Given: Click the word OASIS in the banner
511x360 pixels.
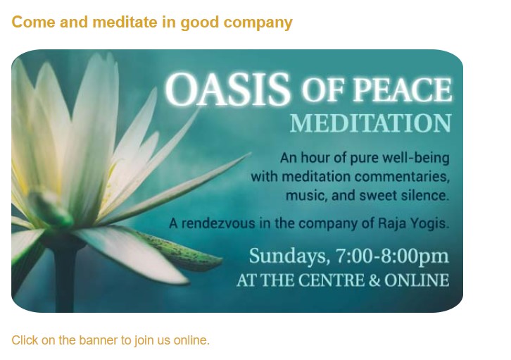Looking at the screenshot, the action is click(227, 89).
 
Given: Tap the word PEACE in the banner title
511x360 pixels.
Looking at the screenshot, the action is click(402, 89).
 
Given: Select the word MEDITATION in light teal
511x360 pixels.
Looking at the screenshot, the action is click(370, 123).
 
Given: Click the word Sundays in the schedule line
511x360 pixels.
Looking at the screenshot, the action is click(287, 256).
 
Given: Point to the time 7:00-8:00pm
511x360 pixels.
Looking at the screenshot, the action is click(392, 256).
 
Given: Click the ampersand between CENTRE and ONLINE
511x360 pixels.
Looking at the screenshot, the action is click(374, 280).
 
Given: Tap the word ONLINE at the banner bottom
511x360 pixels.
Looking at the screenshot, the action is click(417, 280).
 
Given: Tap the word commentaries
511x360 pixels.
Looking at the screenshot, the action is click(402, 177).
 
